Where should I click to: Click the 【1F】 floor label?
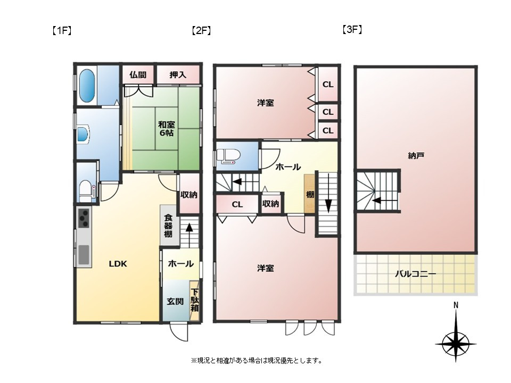coord(62,31)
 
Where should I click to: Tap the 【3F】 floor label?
coord(352,30)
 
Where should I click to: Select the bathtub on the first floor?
coord(87,86)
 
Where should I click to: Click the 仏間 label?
coord(138,75)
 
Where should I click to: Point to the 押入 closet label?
coord(178,75)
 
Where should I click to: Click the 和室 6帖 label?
coord(166,129)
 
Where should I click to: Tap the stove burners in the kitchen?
coord(85,218)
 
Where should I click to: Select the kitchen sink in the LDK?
coord(84,255)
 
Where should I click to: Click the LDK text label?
coord(118,264)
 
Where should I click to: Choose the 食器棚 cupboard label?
coord(168,226)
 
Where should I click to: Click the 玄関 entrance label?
coord(175,302)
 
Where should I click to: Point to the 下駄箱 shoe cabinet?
coord(195,300)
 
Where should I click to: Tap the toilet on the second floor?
coord(228,156)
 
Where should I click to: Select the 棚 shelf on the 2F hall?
coord(310,194)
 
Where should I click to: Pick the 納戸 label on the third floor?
coord(416,156)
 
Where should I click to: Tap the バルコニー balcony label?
coord(416,274)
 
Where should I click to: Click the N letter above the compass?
coord(456,305)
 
